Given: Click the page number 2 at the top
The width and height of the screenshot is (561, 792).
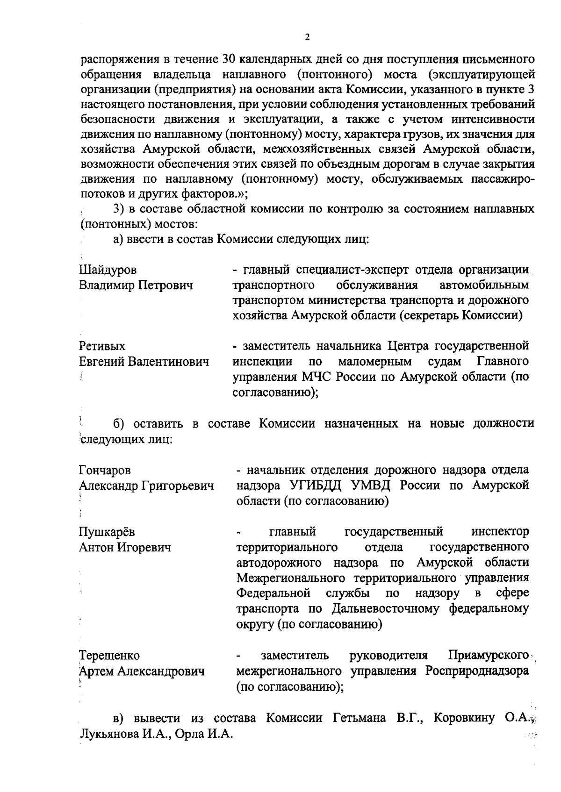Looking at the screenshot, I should coord(307,38).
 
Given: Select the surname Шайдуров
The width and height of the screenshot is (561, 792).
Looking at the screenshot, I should coord(108,270).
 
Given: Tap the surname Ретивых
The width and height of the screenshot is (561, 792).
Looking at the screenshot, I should coord(102,346).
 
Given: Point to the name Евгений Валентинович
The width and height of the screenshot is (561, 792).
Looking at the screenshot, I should coord(144,362).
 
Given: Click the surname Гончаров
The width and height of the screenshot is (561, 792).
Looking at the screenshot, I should coord(105,470).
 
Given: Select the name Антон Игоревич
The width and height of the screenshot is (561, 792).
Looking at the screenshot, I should coord(125,547).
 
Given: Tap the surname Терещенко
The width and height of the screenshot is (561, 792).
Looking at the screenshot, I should coord(109,656).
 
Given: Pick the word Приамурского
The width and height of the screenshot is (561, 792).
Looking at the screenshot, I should coord(488,656).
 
